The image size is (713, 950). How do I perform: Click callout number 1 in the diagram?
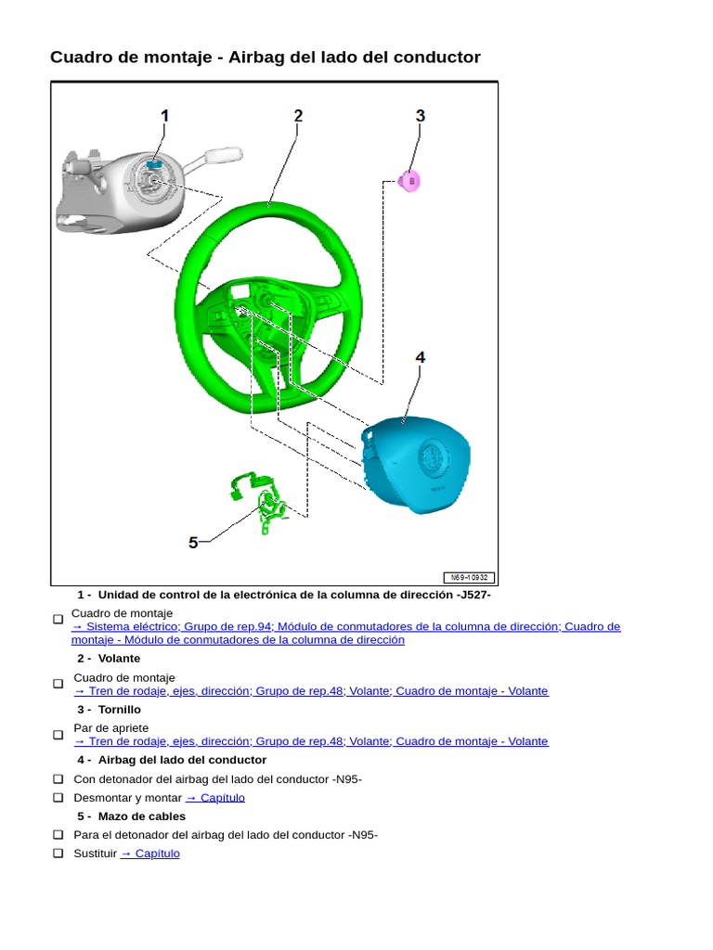(x=165, y=116)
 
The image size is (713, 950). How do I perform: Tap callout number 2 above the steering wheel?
(x=298, y=116)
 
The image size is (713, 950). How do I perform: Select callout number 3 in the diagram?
(x=420, y=116)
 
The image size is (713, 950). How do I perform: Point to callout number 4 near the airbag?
(x=420, y=357)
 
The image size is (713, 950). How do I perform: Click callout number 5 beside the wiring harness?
(x=193, y=543)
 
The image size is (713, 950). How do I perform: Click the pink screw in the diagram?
(x=410, y=181)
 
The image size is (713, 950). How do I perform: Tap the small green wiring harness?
(x=265, y=501)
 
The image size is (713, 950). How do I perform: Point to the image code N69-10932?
(x=468, y=577)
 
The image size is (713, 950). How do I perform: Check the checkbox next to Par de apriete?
(x=58, y=735)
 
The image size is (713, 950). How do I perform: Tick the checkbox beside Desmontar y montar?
(x=58, y=798)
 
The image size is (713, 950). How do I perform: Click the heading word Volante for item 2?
(x=119, y=659)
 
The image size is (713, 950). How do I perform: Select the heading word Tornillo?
(x=120, y=710)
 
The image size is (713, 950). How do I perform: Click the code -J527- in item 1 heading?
(x=473, y=595)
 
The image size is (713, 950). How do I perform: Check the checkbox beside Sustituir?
(x=58, y=854)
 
